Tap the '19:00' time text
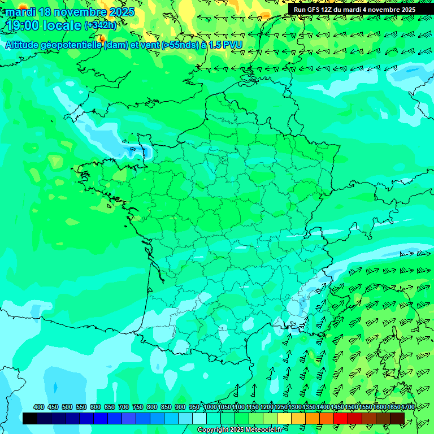coord(22,25)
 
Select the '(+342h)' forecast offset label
coord(101,25)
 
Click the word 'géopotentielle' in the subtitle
coord(75,45)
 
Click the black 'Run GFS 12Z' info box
coord(354,10)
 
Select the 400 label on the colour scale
coord(39,407)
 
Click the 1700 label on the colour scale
coord(393,407)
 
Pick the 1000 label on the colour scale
coord(210,407)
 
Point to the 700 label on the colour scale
coord(124,407)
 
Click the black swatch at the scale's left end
coord(30,418)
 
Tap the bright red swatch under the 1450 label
coord(341,418)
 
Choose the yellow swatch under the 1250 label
coord(284,418)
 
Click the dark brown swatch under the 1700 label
coord(397,418)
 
